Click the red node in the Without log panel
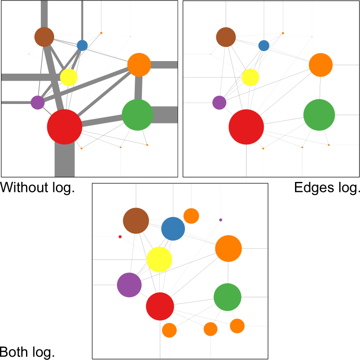[x=65, y=126]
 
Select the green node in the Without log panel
[x=137, y=115]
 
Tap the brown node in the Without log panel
[x=44, y=37]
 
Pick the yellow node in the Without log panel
[x=68, y=77]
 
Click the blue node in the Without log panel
[x=82, y=45]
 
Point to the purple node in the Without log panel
[x=38, y=103]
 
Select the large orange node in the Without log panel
[x=139, y=65]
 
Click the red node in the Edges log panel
[x=246, y=126]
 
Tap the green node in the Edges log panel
[x=319, y=115]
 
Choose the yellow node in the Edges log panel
[x=250, y=77]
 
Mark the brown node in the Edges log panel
[x=226, y=37]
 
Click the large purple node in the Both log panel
[x=129, y=285]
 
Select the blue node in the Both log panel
[x=173, y=229]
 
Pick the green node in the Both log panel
[x=227, y=297]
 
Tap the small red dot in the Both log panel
[x=120, y=237]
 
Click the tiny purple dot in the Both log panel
[x=221, y=220]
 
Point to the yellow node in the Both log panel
[x=159, y=259]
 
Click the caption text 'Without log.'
[x=37, y=188]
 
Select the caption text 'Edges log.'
[x=327, y=188]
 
